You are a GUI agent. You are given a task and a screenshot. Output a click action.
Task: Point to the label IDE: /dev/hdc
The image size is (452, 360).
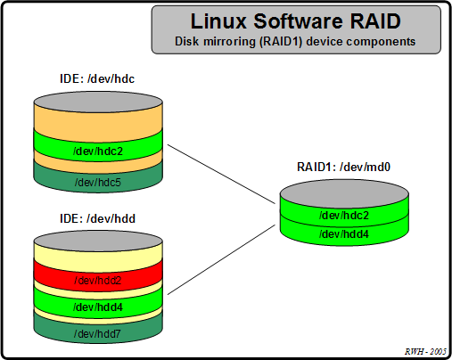click(x=97, y=78)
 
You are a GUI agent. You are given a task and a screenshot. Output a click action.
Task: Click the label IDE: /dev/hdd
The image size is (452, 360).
click(x=97, y=217)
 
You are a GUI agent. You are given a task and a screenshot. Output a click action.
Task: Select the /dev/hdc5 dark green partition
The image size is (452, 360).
click(x=98, y=183)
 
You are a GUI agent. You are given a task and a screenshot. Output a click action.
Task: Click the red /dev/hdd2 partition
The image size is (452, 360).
click(x=98, y=281)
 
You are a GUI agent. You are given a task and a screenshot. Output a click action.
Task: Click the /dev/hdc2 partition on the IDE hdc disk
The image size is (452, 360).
click(x=98, y=151)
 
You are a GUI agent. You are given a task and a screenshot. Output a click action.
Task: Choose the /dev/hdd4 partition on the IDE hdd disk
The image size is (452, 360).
click(x=98, y=307)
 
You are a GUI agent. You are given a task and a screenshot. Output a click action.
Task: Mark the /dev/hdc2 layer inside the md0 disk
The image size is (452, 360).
click(x=343, y=216)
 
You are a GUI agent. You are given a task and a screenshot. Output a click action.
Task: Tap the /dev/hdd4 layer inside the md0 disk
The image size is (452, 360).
click(x=343, y=233)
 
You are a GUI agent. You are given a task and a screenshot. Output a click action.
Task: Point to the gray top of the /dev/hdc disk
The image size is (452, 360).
click(x=98, y=98)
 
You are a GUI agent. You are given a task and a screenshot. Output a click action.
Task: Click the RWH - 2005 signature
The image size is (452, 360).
click(x=423, y=351)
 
